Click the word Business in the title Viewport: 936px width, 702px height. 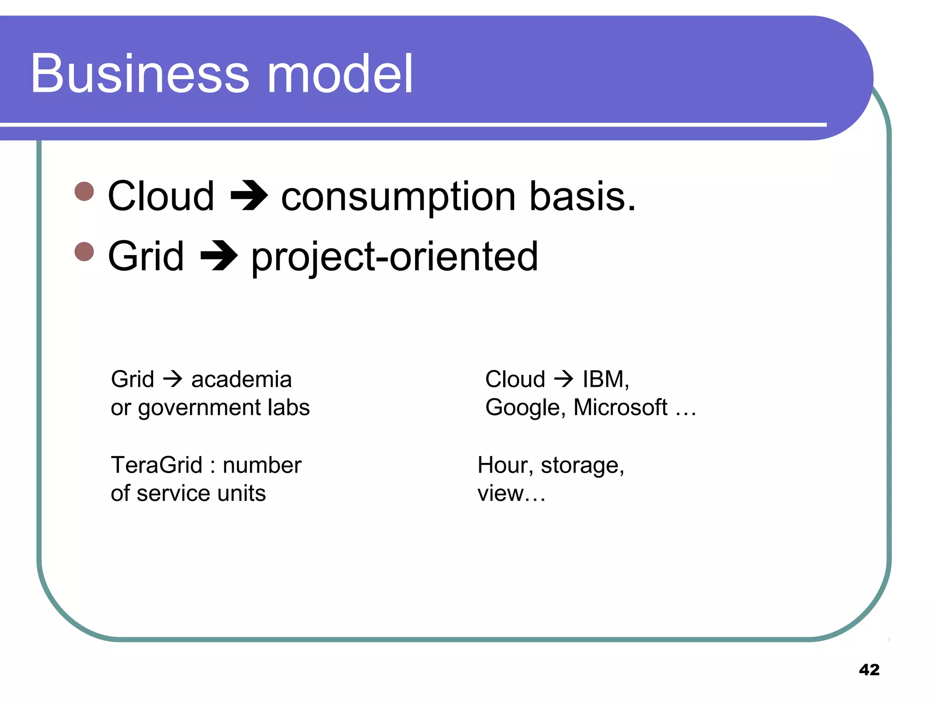click(140, 74)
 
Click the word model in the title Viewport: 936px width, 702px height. click(340, 74)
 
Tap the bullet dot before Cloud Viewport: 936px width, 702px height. click(84, 191)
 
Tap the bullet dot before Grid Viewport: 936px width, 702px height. click(84, 251)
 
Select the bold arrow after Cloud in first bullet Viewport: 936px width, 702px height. click(249, 197)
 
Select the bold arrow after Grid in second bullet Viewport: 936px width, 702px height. click(219, 256)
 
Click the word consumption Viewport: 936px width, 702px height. click(399, 197)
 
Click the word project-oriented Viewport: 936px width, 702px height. click(394, 257)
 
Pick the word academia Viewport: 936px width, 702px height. click(241, 379)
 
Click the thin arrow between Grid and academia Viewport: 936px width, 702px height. click(173, 379)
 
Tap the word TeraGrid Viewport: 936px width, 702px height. click(157, 465)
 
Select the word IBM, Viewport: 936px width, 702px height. click(606, 379)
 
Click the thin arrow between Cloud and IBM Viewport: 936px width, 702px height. click(564, 379)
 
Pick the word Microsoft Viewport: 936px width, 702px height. click(620, 407)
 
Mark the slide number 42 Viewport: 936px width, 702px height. click(869, 670)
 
